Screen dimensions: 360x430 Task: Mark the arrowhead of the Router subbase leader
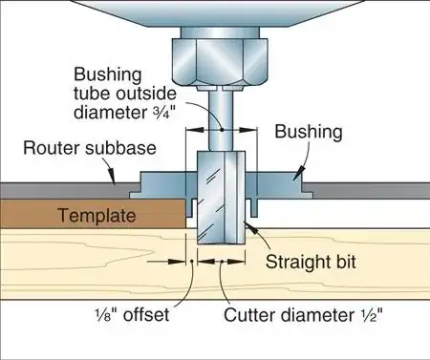click(x=115, y=180)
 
